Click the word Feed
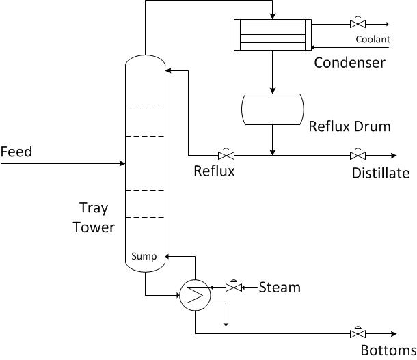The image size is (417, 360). coord(16,151)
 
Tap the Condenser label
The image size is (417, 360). coord(349,63)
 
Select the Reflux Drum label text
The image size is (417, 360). coord(349,126)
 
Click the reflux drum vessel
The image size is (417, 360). coord(273,109)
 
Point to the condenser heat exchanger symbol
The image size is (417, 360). coord(273,34)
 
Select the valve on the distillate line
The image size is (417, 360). coord(356,154)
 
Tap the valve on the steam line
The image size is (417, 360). coord(234,288)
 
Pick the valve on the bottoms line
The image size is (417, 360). coord(356,333)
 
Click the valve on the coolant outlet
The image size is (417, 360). coord(356,23)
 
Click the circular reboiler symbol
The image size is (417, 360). coord(195,294)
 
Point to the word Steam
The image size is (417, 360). coord(280,288)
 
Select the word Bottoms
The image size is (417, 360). coord(384,351)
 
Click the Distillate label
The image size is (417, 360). coord(381,173)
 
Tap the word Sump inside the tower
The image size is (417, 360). coord(144,257)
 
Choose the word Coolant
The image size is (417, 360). coord(373,39)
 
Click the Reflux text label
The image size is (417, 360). coord(214,171)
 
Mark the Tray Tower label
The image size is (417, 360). coord(94,217)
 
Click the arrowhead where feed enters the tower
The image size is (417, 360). coord(122,163)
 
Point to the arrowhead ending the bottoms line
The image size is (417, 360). coord(393,333)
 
